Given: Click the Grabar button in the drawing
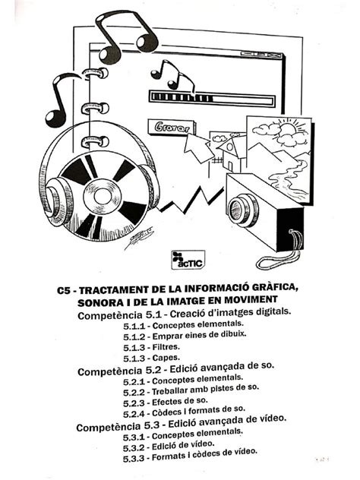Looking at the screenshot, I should pyautogui.click(x=168, y=128).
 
